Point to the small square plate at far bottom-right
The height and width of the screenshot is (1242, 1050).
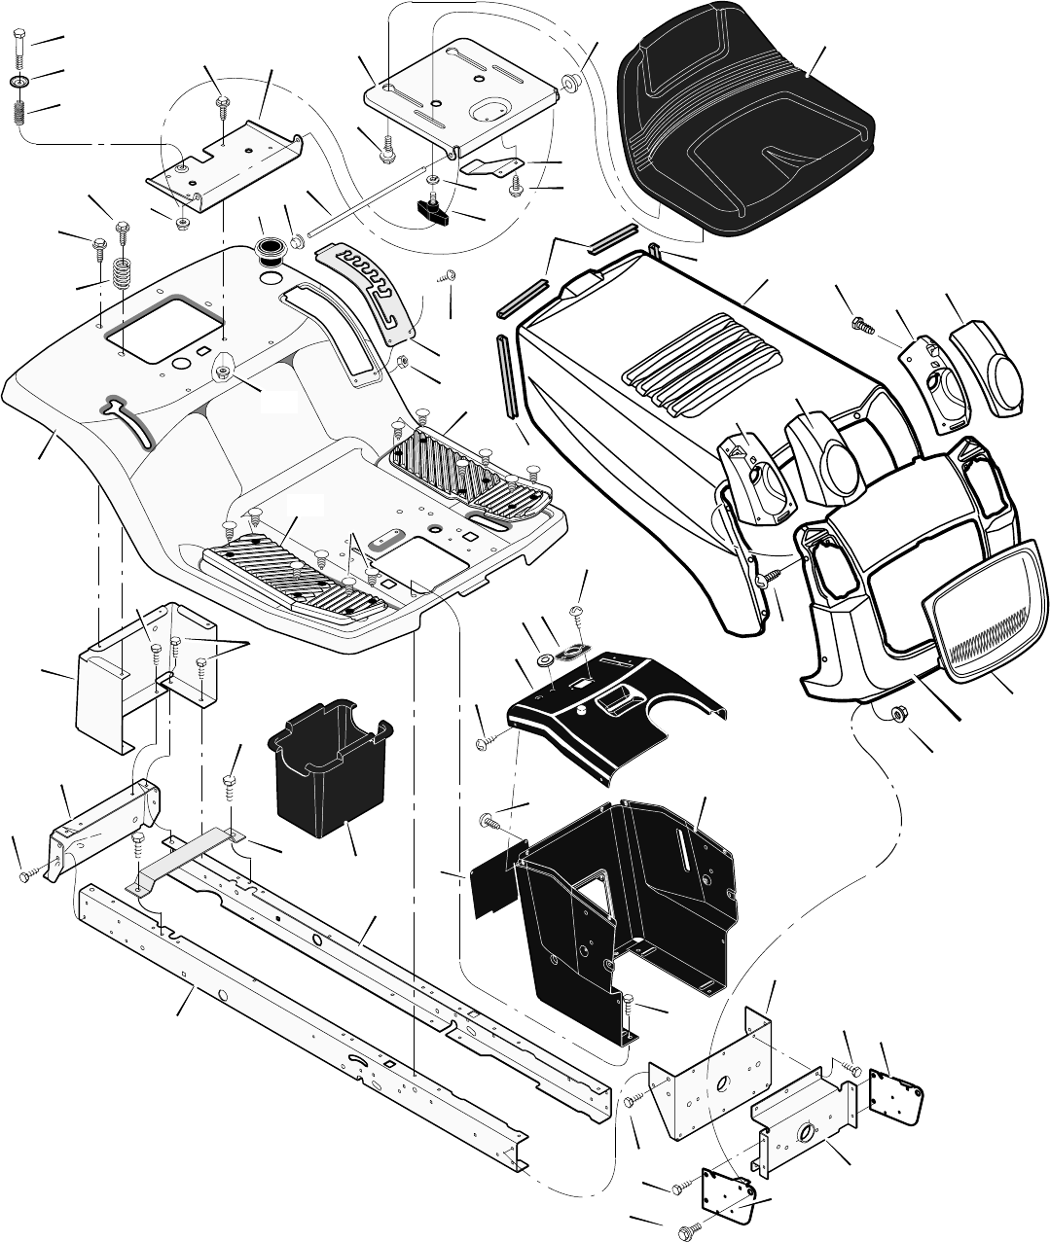tap(894, 1089)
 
